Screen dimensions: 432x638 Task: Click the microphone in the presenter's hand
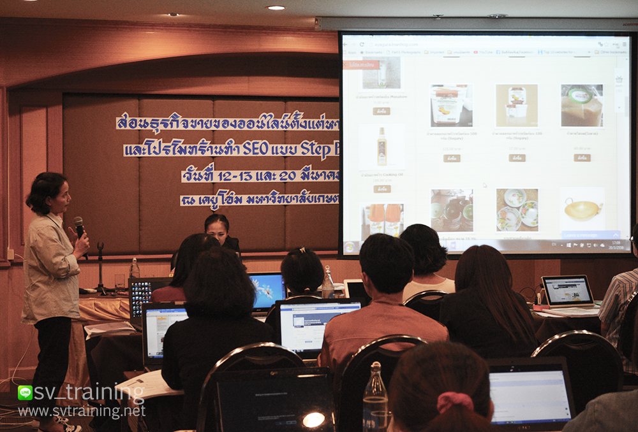[x=79, y=226]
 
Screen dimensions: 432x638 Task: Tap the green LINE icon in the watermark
[x=25, y=392]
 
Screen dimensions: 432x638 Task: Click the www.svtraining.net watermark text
[x=82, y=412]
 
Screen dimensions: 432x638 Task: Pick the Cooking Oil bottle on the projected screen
[x=382, y=147]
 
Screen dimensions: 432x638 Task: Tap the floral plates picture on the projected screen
[x=517, y=210]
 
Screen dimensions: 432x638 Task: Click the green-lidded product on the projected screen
[x=581, y=105]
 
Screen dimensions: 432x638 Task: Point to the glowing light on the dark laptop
[x=313, y=419]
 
